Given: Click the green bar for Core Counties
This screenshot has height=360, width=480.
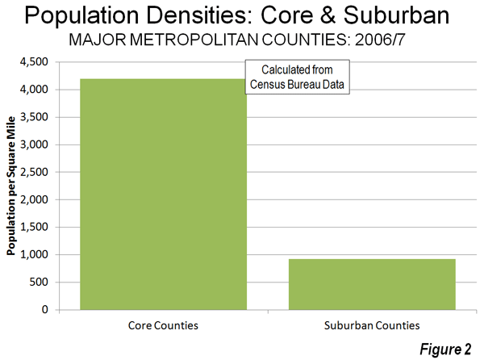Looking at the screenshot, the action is (163, 195).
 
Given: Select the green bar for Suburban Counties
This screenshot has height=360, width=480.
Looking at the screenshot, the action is (372, 284).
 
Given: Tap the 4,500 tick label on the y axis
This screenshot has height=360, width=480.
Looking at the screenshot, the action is (34, 62).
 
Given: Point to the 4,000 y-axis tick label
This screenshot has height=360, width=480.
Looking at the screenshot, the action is (34, 90).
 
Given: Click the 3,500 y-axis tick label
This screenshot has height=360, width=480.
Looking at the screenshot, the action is (34, 117).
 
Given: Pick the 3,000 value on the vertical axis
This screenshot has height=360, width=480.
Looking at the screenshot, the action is (34, 144).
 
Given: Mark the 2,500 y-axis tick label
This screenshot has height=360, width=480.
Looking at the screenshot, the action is (34, 172).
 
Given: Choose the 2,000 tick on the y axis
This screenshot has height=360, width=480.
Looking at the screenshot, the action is (34, 199).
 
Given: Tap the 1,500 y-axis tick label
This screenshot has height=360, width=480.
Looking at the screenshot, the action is (34, 227).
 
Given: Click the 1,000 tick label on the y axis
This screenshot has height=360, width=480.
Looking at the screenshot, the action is (34, 254).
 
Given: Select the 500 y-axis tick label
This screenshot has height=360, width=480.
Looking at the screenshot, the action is (39, 282).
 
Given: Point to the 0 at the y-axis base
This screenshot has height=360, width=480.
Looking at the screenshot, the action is (45, 309).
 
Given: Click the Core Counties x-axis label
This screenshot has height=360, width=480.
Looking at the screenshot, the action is (163, 325).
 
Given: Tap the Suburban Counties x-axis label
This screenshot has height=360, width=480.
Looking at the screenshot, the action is (372, 325).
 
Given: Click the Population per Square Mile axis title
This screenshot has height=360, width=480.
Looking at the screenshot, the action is (11, 186).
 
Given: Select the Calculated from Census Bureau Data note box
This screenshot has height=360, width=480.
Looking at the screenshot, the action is (297, 77).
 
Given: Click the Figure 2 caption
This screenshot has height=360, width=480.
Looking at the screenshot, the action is (445, 349).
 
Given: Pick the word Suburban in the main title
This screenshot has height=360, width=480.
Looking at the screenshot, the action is (396, 15).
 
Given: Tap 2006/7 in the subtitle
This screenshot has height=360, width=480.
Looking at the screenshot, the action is (380, 40).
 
